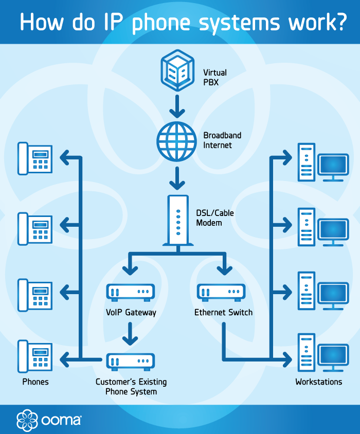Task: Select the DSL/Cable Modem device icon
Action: [177, 219]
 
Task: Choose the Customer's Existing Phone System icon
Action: [130, 361]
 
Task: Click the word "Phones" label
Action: [35, 382]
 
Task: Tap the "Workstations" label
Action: [318, 382]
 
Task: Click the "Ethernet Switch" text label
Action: [223, 312]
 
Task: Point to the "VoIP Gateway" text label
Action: [130, 312]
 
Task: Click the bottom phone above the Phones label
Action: [35, 355]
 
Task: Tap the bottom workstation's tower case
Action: [306, 352]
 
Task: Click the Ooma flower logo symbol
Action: [26, 419]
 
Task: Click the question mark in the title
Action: [339, 23]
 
